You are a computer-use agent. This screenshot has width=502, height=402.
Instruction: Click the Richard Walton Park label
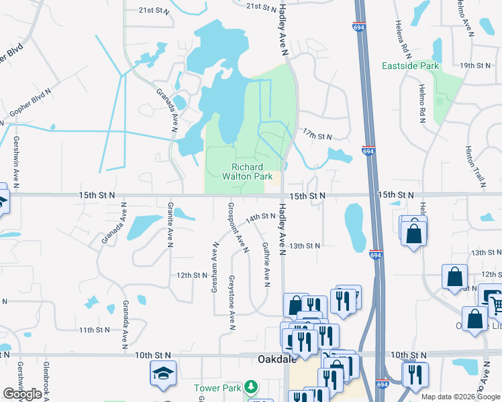pos(252,172)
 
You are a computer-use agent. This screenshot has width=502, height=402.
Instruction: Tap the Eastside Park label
pos(410,66)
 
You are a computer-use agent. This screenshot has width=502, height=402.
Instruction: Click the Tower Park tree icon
pos(250,387)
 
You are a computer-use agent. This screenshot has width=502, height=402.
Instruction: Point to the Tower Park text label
pos(217,388)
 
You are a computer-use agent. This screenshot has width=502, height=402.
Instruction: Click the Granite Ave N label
pos(170,224)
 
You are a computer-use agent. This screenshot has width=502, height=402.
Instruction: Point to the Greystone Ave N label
pos(232,302)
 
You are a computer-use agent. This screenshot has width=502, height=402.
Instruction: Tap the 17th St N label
pos(317,135)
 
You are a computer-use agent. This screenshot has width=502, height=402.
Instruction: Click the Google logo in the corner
pos(22,394)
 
